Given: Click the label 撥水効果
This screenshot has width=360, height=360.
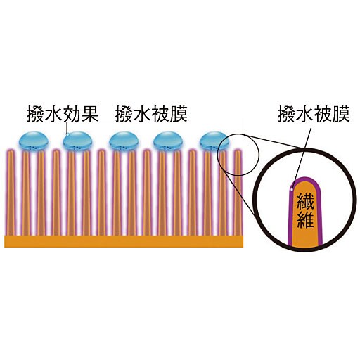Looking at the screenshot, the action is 63,115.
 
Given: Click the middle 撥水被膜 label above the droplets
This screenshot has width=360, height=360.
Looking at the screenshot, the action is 151,115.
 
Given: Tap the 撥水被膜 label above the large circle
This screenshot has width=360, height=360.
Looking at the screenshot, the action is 314,115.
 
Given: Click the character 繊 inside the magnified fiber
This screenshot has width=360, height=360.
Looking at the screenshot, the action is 305,202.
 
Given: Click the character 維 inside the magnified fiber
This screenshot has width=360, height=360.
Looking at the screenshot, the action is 305,219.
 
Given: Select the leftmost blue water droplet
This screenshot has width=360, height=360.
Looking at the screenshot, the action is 34,141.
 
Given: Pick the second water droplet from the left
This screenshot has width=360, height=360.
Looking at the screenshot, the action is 77,141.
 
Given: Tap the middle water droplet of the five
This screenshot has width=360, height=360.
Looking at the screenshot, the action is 124,141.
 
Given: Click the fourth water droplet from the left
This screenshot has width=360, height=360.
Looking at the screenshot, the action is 168,141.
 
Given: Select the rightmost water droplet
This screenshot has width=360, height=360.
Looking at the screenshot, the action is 214,141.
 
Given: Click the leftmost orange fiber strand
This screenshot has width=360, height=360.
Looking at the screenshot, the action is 11,193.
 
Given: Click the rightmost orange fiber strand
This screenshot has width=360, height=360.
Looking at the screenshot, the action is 238,193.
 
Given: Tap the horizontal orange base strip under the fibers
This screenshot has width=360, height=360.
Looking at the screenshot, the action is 124,241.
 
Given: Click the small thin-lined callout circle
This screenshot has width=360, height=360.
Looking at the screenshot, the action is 218,155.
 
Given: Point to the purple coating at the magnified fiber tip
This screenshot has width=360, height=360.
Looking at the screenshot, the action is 304,179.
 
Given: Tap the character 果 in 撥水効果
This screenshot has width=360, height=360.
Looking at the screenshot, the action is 90,115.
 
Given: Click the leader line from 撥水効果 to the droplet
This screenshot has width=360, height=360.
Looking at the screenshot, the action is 67,129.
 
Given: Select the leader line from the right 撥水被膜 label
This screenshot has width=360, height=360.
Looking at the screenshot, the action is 302,158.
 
